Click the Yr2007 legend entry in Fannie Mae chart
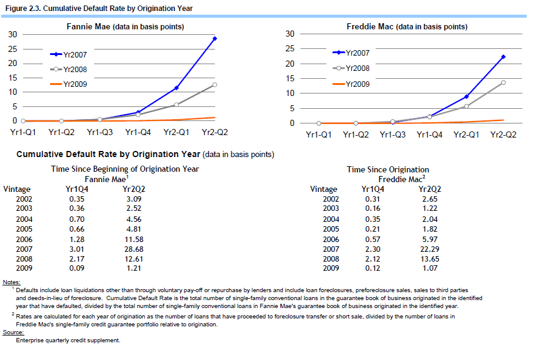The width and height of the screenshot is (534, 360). point(68,54)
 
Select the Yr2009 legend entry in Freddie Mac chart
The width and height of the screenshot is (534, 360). point(351,84)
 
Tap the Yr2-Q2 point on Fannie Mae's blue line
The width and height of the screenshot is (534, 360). point(214,39)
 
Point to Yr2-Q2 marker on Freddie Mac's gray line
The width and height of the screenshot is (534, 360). point(503,83)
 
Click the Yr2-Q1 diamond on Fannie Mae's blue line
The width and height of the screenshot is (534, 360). point(177,88)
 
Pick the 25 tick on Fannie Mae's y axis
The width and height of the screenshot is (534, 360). point(13,49)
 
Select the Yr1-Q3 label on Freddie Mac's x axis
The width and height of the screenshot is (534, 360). point(393,135)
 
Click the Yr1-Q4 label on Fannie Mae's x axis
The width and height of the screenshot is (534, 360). point(138,132)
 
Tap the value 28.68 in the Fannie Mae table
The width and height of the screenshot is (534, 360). point(134,249)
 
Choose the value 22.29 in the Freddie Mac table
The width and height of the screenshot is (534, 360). point(430,249)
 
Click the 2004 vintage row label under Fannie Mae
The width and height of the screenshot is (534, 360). point(24,219)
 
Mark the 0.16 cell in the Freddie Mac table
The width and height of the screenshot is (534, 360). point(373,208)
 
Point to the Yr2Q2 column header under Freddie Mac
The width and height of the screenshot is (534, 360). point(430,189)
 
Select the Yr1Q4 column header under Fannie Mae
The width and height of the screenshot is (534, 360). point(77,189)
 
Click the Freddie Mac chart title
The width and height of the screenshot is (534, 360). point(407,26)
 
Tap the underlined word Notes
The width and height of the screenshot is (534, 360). point(12,282)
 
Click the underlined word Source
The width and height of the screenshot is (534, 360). point(13,332)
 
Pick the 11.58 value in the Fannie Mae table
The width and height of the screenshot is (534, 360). point(134,240)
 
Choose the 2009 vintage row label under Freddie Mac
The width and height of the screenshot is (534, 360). point(331,268)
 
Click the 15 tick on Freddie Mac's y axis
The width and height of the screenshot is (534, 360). point(290,78)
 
